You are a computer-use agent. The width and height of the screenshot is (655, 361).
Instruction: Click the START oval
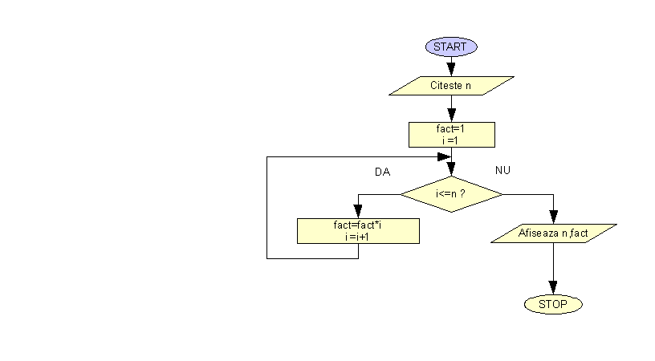(451, 47)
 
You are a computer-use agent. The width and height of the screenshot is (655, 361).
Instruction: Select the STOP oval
(552, 304)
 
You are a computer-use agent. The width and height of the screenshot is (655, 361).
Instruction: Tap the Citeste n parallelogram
(450, 85)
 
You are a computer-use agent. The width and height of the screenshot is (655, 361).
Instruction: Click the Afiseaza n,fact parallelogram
(554, 233)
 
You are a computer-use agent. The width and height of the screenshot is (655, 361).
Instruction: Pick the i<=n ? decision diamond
(451, 194)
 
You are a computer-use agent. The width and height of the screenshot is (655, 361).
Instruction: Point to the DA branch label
(382, 172)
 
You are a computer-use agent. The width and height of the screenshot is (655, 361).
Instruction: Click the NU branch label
(503, 170)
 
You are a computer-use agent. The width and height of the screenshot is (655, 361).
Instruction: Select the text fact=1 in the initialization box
(451, 128)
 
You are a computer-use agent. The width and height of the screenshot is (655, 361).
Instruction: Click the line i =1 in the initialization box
(450, 140)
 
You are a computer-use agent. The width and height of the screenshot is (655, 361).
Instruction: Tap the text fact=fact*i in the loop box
(357, 225)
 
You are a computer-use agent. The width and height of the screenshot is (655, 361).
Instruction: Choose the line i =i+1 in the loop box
(357, 237)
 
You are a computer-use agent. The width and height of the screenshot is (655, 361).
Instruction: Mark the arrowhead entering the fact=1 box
(451, 116)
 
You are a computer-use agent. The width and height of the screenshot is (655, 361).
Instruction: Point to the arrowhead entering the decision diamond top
(451, 169)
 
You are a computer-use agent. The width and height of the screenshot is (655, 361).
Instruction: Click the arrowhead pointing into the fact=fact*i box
(358, 213)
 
